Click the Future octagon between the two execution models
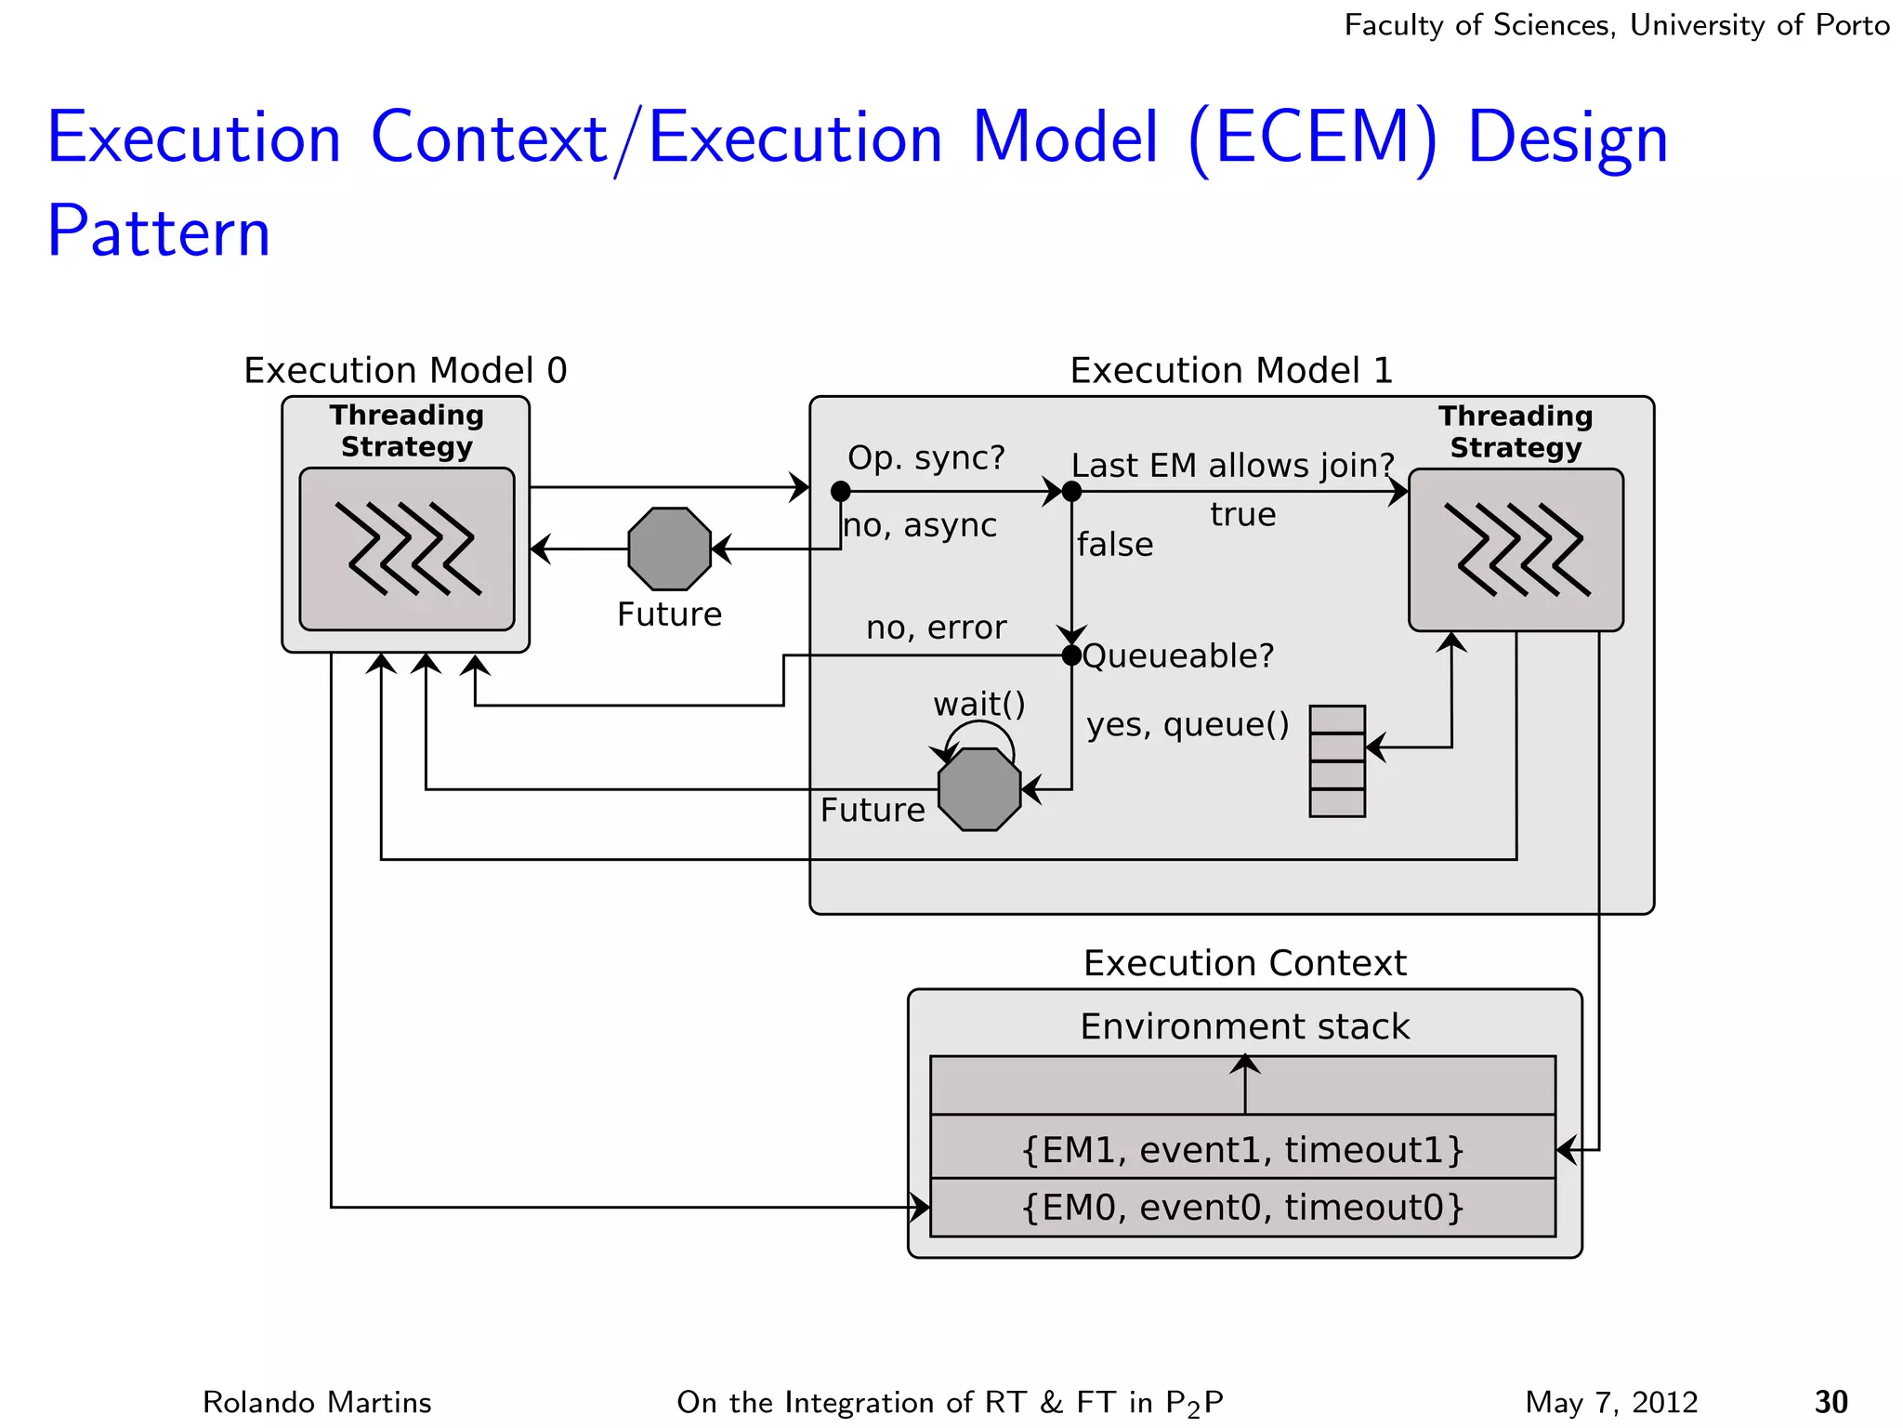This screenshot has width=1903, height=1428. [x=669, y=549]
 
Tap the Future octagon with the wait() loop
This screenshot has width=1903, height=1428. [x=979, y=789]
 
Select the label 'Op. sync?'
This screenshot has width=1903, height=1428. [x=926, y=457]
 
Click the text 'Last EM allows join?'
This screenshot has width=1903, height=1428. [x=1233, y=465]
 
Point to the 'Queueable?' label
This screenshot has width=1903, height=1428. [x=1178, y=656]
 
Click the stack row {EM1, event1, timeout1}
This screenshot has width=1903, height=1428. [x=1242, y=1150]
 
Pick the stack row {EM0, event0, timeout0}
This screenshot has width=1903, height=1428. [x=1242, y=1208]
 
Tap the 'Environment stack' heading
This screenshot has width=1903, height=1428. [x=1244, y=1026]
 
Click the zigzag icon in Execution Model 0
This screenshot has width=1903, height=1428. [x=408, y=549]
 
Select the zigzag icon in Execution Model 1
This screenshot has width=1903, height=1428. [x=1517, y=549]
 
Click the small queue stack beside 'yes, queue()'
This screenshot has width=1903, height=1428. [x=1337, y=761]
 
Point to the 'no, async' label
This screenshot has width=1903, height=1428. [x=920, y=526]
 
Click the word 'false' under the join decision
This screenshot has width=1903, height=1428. [x=1115, y=545]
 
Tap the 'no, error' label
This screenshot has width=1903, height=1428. [x=936, y=628]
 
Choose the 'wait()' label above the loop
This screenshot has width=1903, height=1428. [x=979, y=705]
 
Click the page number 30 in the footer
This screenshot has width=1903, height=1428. [x=1831, y=1402]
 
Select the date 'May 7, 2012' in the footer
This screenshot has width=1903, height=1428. [x=1611, y=1402]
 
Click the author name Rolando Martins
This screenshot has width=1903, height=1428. [x=317, y=1402]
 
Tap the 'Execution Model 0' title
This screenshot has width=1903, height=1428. [x=405, y=370]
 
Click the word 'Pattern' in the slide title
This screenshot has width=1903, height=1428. [x=159, y=231]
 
